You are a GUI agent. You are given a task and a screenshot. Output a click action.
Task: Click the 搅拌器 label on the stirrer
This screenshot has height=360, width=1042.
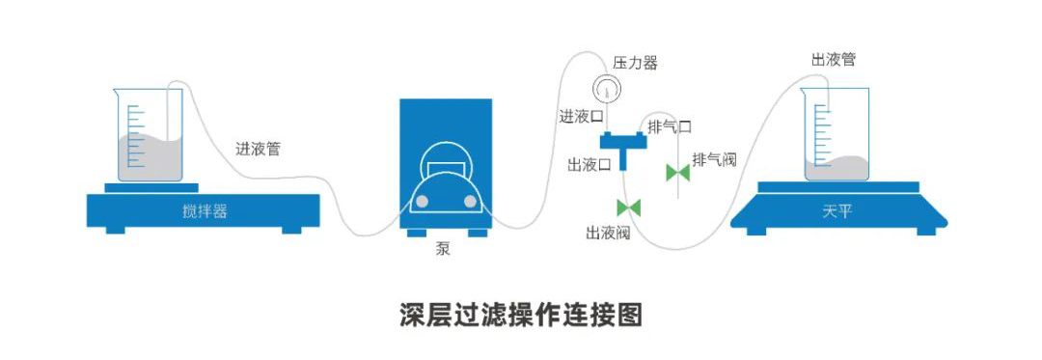[205, 212]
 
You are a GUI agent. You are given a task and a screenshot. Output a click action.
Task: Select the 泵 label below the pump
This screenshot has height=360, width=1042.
[443, 250]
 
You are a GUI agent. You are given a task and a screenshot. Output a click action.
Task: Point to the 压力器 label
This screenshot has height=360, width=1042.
[635, 63]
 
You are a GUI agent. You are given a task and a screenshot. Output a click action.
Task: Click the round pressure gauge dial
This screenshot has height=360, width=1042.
[606, 88]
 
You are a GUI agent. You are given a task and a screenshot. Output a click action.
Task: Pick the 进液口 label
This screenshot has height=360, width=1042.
[582, 117]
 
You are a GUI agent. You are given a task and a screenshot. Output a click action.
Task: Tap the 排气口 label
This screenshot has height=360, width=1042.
[670, 126]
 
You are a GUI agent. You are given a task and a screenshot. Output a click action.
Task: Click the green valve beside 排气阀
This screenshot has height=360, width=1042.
[678, 173]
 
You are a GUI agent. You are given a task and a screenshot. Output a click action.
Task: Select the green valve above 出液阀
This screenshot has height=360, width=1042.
[629, 208]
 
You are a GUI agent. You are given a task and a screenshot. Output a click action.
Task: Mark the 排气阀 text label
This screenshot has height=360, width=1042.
[715, 159]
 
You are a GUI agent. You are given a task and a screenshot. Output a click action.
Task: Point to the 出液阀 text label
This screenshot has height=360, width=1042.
[608, 233]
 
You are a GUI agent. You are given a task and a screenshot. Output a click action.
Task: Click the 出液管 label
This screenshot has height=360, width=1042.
[834, 60]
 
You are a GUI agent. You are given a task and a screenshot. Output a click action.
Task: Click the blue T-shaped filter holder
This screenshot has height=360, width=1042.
[623, 150]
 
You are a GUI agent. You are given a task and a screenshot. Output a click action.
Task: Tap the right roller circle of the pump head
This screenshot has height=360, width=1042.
[471, 202]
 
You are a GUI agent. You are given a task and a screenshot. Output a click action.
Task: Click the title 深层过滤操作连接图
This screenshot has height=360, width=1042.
[521, 315]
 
